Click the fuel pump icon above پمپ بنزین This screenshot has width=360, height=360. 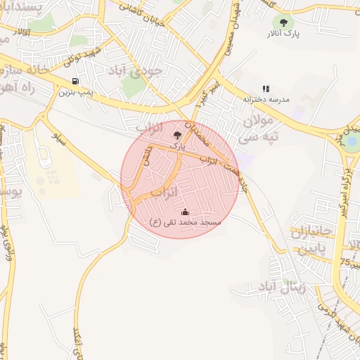coord(75,81)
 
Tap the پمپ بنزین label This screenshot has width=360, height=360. coord(76,92)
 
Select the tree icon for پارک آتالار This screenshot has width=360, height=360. coord(283,22)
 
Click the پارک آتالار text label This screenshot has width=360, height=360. coord(283,33)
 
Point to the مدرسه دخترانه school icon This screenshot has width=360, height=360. coord(266,89)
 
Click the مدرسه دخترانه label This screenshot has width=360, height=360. coord(266,99)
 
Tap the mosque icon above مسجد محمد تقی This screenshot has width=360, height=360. coord(185,212)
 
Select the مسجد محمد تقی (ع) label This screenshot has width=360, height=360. coord(185,222)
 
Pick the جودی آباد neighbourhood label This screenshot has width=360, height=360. coord(136,71)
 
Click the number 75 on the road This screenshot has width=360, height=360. coord(345,262)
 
